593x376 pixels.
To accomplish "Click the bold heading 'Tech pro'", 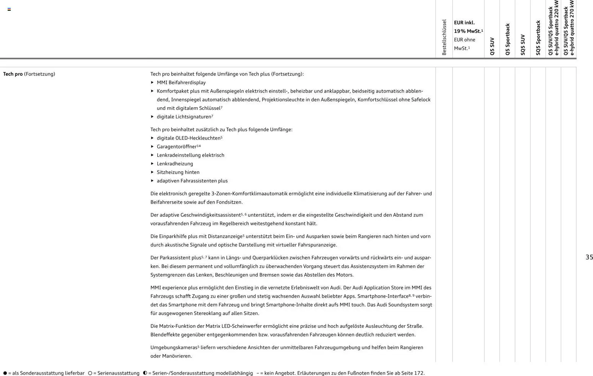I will (x=13, y=74).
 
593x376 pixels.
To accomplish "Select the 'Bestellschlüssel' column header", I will (x=444, y=37).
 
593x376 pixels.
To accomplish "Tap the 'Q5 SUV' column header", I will (x=492, y=46).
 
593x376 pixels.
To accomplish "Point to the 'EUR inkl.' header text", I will (x=464, y=23).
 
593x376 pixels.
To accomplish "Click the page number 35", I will (x=589, y=257).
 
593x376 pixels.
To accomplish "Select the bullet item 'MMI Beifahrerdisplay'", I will (x=181, y=83).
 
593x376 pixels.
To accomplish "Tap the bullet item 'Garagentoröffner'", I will (x=176, y=147).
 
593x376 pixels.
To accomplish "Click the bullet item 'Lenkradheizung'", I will (x=175, y=164).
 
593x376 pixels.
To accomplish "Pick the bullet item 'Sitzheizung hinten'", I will (x=178, y=172).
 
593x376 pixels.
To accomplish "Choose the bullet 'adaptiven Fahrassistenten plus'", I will (x=192, y=181).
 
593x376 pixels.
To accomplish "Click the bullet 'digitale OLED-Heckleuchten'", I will (x=188, y=138).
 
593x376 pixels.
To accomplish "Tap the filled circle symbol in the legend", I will (x=5, y=373).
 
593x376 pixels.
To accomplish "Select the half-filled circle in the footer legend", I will (x=145, y=373).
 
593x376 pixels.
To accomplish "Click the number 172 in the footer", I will (x=419, y=373).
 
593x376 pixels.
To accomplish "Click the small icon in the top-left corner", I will (x=9, y=9).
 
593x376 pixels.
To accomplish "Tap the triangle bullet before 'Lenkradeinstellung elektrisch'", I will (x=152, y=155).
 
